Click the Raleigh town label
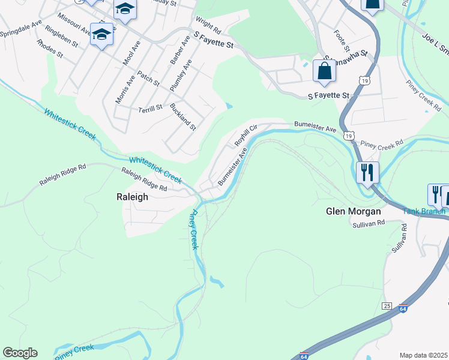click(131, 196)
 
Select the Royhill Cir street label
click(246, 136)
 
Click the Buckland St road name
click(183, 116)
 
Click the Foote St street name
click(342, 40)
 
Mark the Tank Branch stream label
click(424, 211)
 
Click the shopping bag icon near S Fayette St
click(324, 71)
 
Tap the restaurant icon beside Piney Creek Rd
click(367, 172)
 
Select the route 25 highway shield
click(387, 306)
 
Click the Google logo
click(20, 353)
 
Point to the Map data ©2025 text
click(424, 355)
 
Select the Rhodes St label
click(49, 49)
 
